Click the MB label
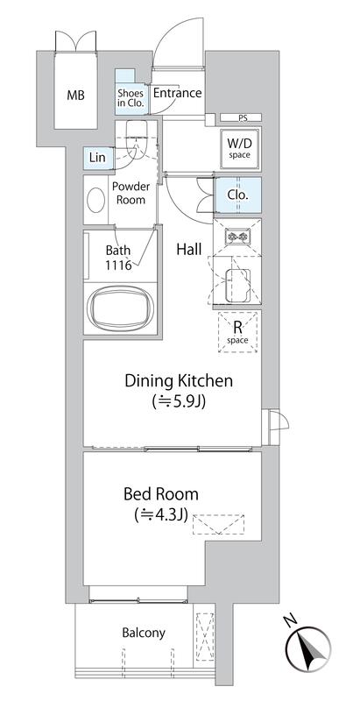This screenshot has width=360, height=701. (75, 95)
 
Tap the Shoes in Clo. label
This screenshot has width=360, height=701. (131, 97)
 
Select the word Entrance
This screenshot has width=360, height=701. (177, 93)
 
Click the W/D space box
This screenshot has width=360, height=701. (239, 149)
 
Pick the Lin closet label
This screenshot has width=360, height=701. (97, 158)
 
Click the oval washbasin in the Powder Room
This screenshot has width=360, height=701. (96, 200)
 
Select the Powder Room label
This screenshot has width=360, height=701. (131, 193)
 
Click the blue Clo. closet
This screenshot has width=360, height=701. (237, 195)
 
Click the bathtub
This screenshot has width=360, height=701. (121, 308)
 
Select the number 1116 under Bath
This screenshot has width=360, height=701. (118, 266)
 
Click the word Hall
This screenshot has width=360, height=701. (189, 250)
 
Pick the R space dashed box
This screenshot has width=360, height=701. (238, 332)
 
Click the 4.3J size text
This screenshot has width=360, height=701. (160, 515)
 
